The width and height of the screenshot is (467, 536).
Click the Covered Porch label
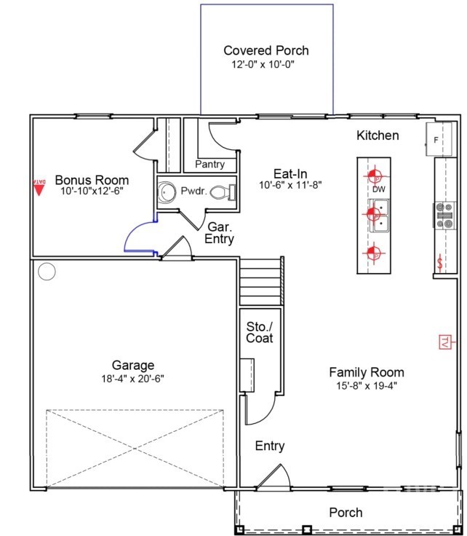[266, 50]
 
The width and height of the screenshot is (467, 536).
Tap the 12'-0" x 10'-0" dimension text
[263, 64]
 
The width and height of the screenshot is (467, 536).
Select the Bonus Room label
[92, 180]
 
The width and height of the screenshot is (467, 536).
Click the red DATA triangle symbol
[40, 187]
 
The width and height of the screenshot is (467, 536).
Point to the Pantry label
[209, 165]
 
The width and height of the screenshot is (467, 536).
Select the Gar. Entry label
[220, 232]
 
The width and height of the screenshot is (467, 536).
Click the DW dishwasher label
[378, 190]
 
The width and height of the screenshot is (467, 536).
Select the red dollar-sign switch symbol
[440, 264]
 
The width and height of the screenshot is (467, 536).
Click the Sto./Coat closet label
[259, 331]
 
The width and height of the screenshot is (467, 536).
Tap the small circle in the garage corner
[47, 272]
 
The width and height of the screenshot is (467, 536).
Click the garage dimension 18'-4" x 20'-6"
[132, 379]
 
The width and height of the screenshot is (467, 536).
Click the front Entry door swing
[276, 477]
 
